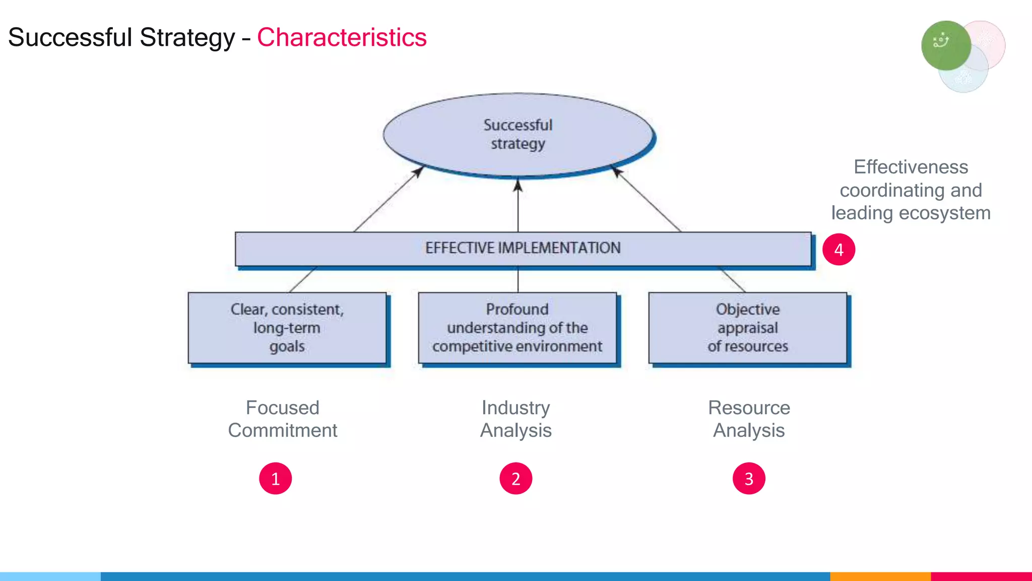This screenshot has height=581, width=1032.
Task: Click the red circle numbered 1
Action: tap(275, 478)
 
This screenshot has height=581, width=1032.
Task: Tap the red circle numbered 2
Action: tap(515, 478)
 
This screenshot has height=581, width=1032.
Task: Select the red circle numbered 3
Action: tap(749, 478)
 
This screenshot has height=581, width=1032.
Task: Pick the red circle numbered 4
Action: tap(838, 249)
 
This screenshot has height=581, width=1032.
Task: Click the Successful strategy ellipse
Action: tap(518, 134)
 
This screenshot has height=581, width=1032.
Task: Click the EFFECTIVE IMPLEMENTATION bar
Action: tap(523, 248)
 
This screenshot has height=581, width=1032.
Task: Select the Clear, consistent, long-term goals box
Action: tap(287, 328)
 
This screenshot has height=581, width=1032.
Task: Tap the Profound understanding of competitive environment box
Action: tap(517, 328)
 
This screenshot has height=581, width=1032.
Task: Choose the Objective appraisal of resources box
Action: tap(748, 328)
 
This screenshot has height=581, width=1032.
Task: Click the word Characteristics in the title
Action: tap(342, 37)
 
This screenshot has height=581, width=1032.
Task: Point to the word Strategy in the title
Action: tap(187, 37)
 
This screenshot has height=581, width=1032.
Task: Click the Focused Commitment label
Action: tap(282, 419)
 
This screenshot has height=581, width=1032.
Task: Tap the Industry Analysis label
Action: tap(515, 419)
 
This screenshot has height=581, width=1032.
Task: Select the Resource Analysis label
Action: tap(749, 419)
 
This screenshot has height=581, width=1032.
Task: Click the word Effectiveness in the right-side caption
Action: tap(911, 167)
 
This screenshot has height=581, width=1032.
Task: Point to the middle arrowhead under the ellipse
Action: tap(518, 186)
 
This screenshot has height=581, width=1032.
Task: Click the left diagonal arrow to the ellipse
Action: tap(388, 199)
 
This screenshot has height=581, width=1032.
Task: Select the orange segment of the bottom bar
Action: tap(880, 576)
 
